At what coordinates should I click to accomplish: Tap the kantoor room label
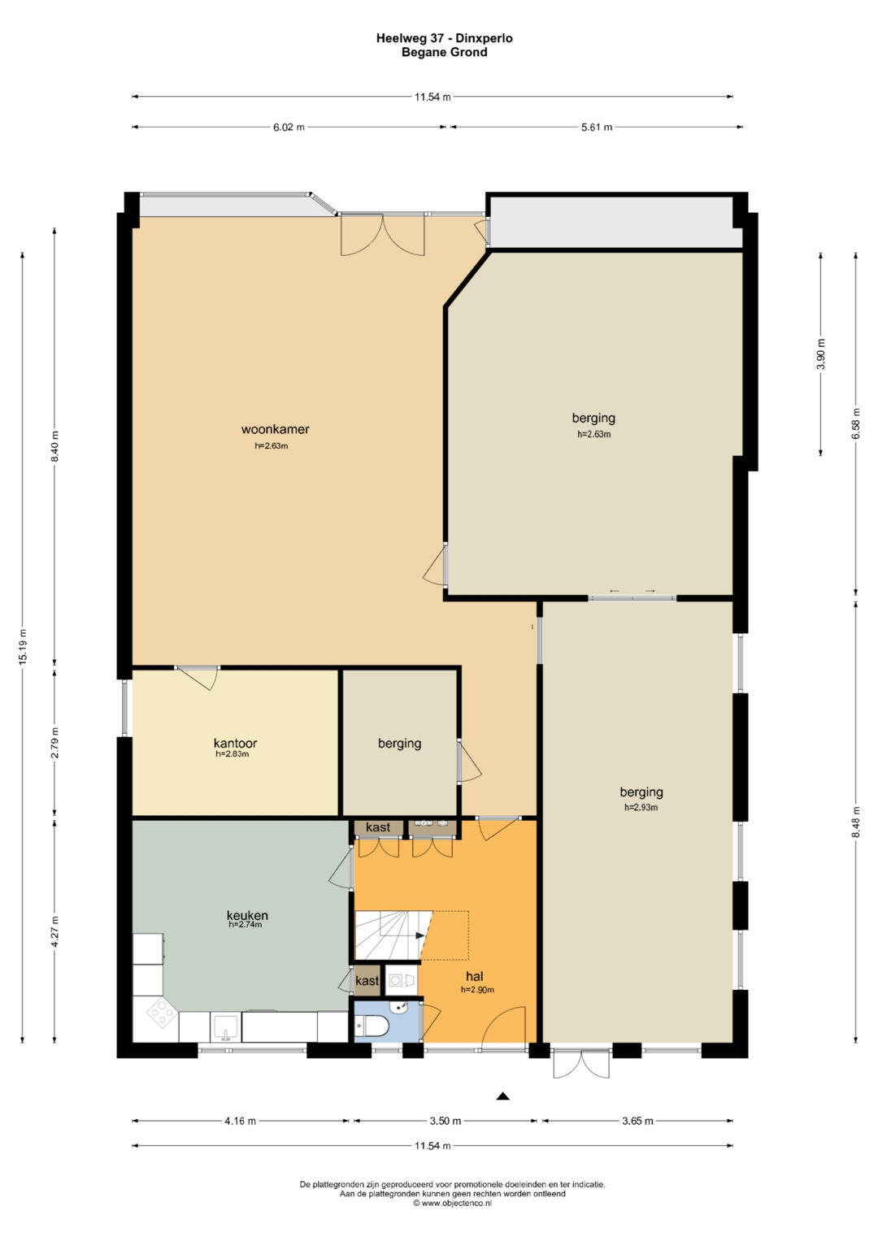[x=235, y=742]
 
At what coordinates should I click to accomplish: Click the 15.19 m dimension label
[x=23, y=647]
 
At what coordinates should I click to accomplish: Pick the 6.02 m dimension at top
[x=289, y=127]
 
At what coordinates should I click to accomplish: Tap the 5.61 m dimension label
[x=597, y=127]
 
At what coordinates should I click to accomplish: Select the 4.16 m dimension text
[x=240, y=1121]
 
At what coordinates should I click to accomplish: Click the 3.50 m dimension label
[x=446, y=1121]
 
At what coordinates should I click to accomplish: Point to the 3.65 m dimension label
[x=637, y=1121]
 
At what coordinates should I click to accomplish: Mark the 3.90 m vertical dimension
[x=821, y=354]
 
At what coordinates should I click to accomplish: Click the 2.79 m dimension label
[x=54, y=742]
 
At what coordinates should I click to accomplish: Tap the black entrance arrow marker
[x=502, y=1096]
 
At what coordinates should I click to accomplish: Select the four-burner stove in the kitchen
[x=162, y=1012]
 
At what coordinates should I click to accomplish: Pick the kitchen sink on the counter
[x=226, y=1026]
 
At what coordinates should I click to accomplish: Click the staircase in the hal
[x=389, y=935]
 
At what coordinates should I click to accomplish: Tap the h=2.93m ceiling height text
[x=641, y=807]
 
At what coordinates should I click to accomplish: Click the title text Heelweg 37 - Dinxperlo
[x=445, y=38]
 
